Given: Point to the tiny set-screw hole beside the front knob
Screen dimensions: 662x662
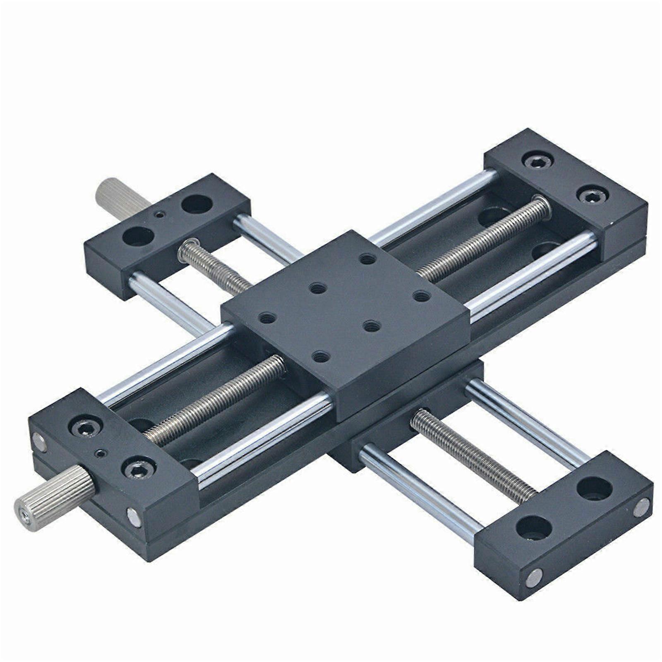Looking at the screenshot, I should (x=99, y=453).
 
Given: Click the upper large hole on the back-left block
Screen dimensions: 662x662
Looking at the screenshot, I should (x=197, y=204).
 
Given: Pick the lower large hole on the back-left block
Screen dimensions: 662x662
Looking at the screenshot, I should (x=138, y=236).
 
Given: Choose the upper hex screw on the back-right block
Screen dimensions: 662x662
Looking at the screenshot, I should (x=537, y=161).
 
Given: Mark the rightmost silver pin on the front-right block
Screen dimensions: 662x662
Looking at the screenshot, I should (x=641, y=507).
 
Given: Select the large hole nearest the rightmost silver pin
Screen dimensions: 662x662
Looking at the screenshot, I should (x=595, y=489).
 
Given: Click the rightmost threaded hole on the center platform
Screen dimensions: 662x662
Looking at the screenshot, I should (x=421, y=296).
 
